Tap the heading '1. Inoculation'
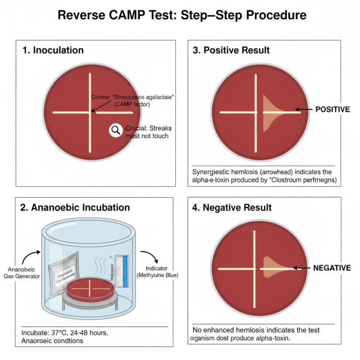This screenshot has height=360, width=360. pyautogui.click(x=53, y=50)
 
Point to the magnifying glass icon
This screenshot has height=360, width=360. pyautogui.click(x=115, y=130)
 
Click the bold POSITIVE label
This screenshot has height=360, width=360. pyautogui.click(x=332, y=109)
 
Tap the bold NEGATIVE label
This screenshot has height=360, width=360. pyautogui.click(x=332, y=268)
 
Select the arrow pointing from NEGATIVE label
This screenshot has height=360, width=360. pyautogui.click(x=302, y=268)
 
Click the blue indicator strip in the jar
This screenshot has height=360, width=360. pyautogui.click(x=124, y=272)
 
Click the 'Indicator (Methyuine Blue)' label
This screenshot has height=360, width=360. pyautogui.click(x=157, y=271)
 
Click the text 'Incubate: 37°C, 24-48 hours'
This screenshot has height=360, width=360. pyautogui.click(x=65, y=332)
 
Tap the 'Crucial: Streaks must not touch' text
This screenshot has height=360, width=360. pyautogui.click(x=147, y=132)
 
